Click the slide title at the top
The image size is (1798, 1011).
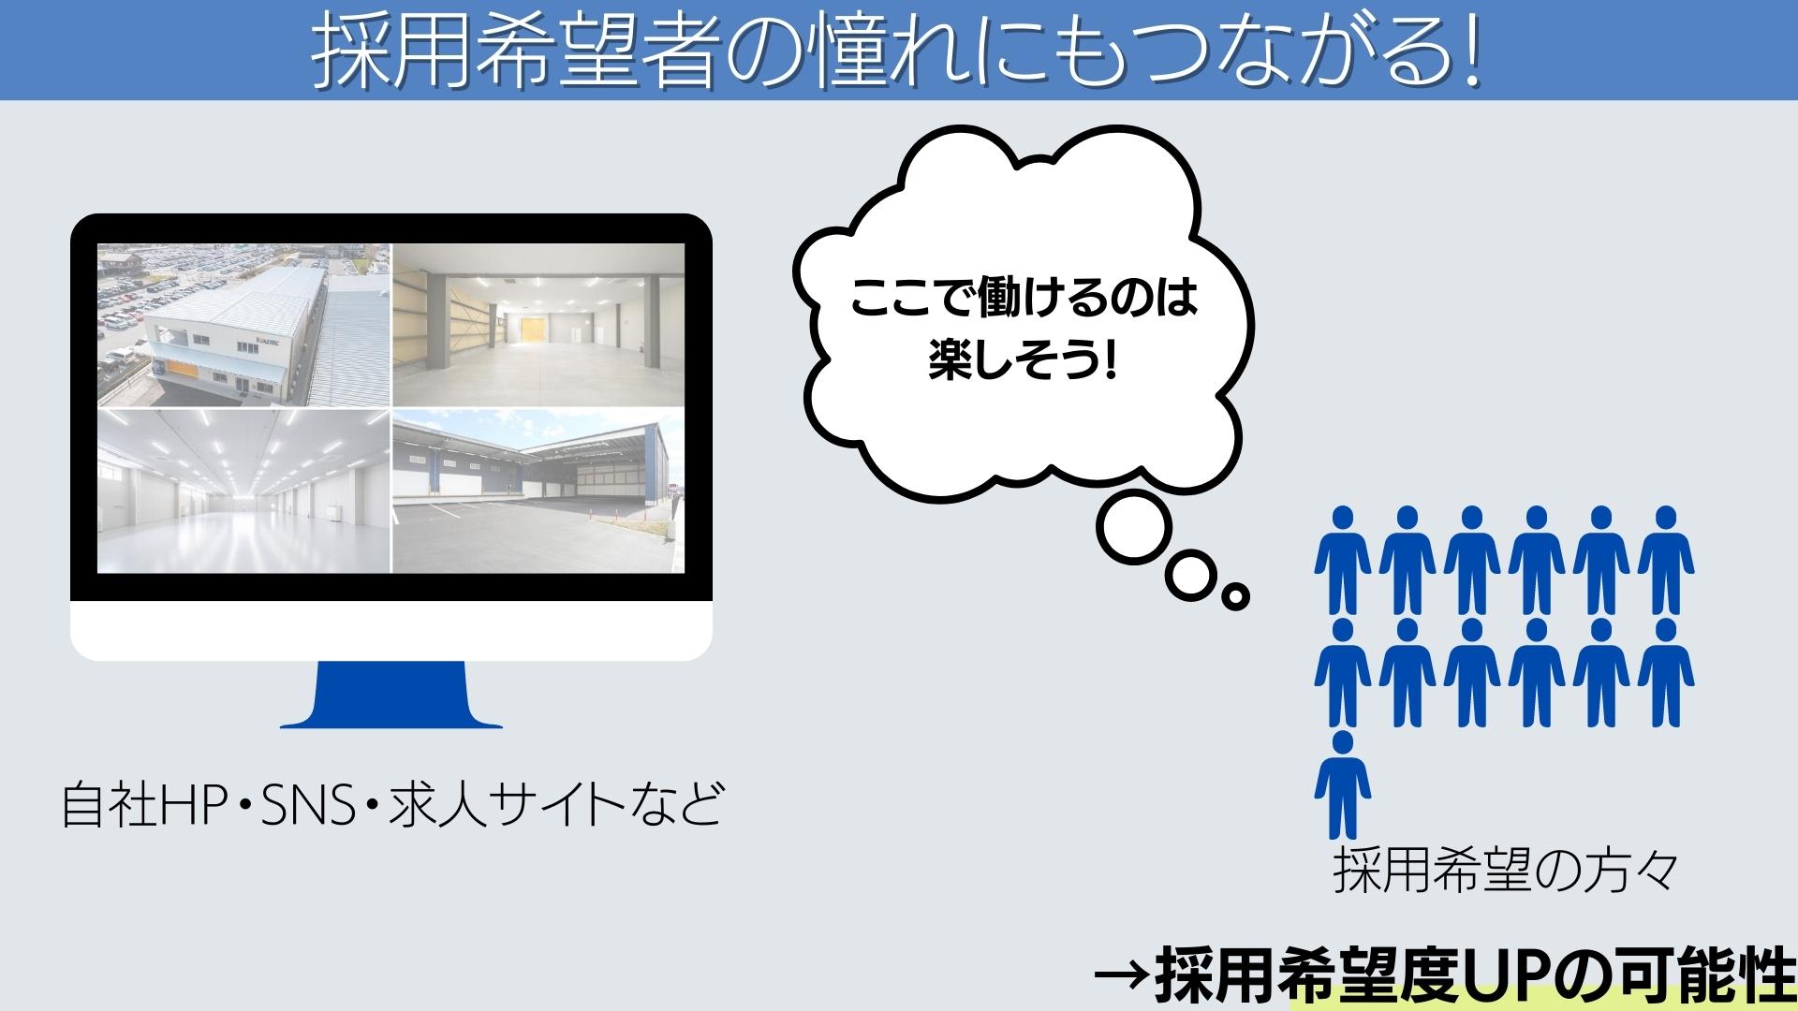(896, 51)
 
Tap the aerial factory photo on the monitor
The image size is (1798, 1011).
(243, 326)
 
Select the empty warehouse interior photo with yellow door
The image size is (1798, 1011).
(538, 326)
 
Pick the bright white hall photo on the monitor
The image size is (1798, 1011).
(243, 491)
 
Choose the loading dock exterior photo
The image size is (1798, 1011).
(538, 491)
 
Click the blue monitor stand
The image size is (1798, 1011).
(391, 695)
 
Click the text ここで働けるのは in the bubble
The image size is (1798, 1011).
(1024, 302)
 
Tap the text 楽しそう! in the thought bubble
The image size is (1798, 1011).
(1024, 360)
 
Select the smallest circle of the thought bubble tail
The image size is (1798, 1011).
(1236, 594)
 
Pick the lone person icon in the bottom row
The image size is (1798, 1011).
(1343, 784)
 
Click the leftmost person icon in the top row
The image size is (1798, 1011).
(1343, 560)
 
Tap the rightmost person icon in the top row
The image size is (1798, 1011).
(1666, 560)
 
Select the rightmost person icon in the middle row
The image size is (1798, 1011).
(1666, 672)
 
